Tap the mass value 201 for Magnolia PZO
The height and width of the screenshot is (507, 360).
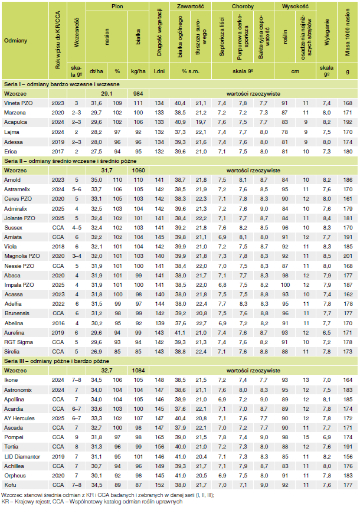347,256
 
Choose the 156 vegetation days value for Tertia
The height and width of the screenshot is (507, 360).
159,447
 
